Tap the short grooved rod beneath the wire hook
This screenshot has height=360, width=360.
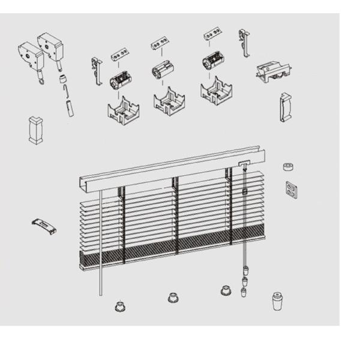coord(70,109)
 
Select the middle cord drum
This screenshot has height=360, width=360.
coord(163,68)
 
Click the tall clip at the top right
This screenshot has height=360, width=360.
coord(244,42)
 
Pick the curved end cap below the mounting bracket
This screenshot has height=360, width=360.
coord(285,107)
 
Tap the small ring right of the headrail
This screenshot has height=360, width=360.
coord(288,167)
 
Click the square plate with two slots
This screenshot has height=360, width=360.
coord(292,190)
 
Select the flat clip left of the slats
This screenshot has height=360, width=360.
coord(44,226)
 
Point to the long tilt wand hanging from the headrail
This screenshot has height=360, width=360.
coord(101,240)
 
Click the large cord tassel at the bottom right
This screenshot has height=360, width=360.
coord(277,300)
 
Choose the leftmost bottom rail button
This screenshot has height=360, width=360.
coord(119,307)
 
